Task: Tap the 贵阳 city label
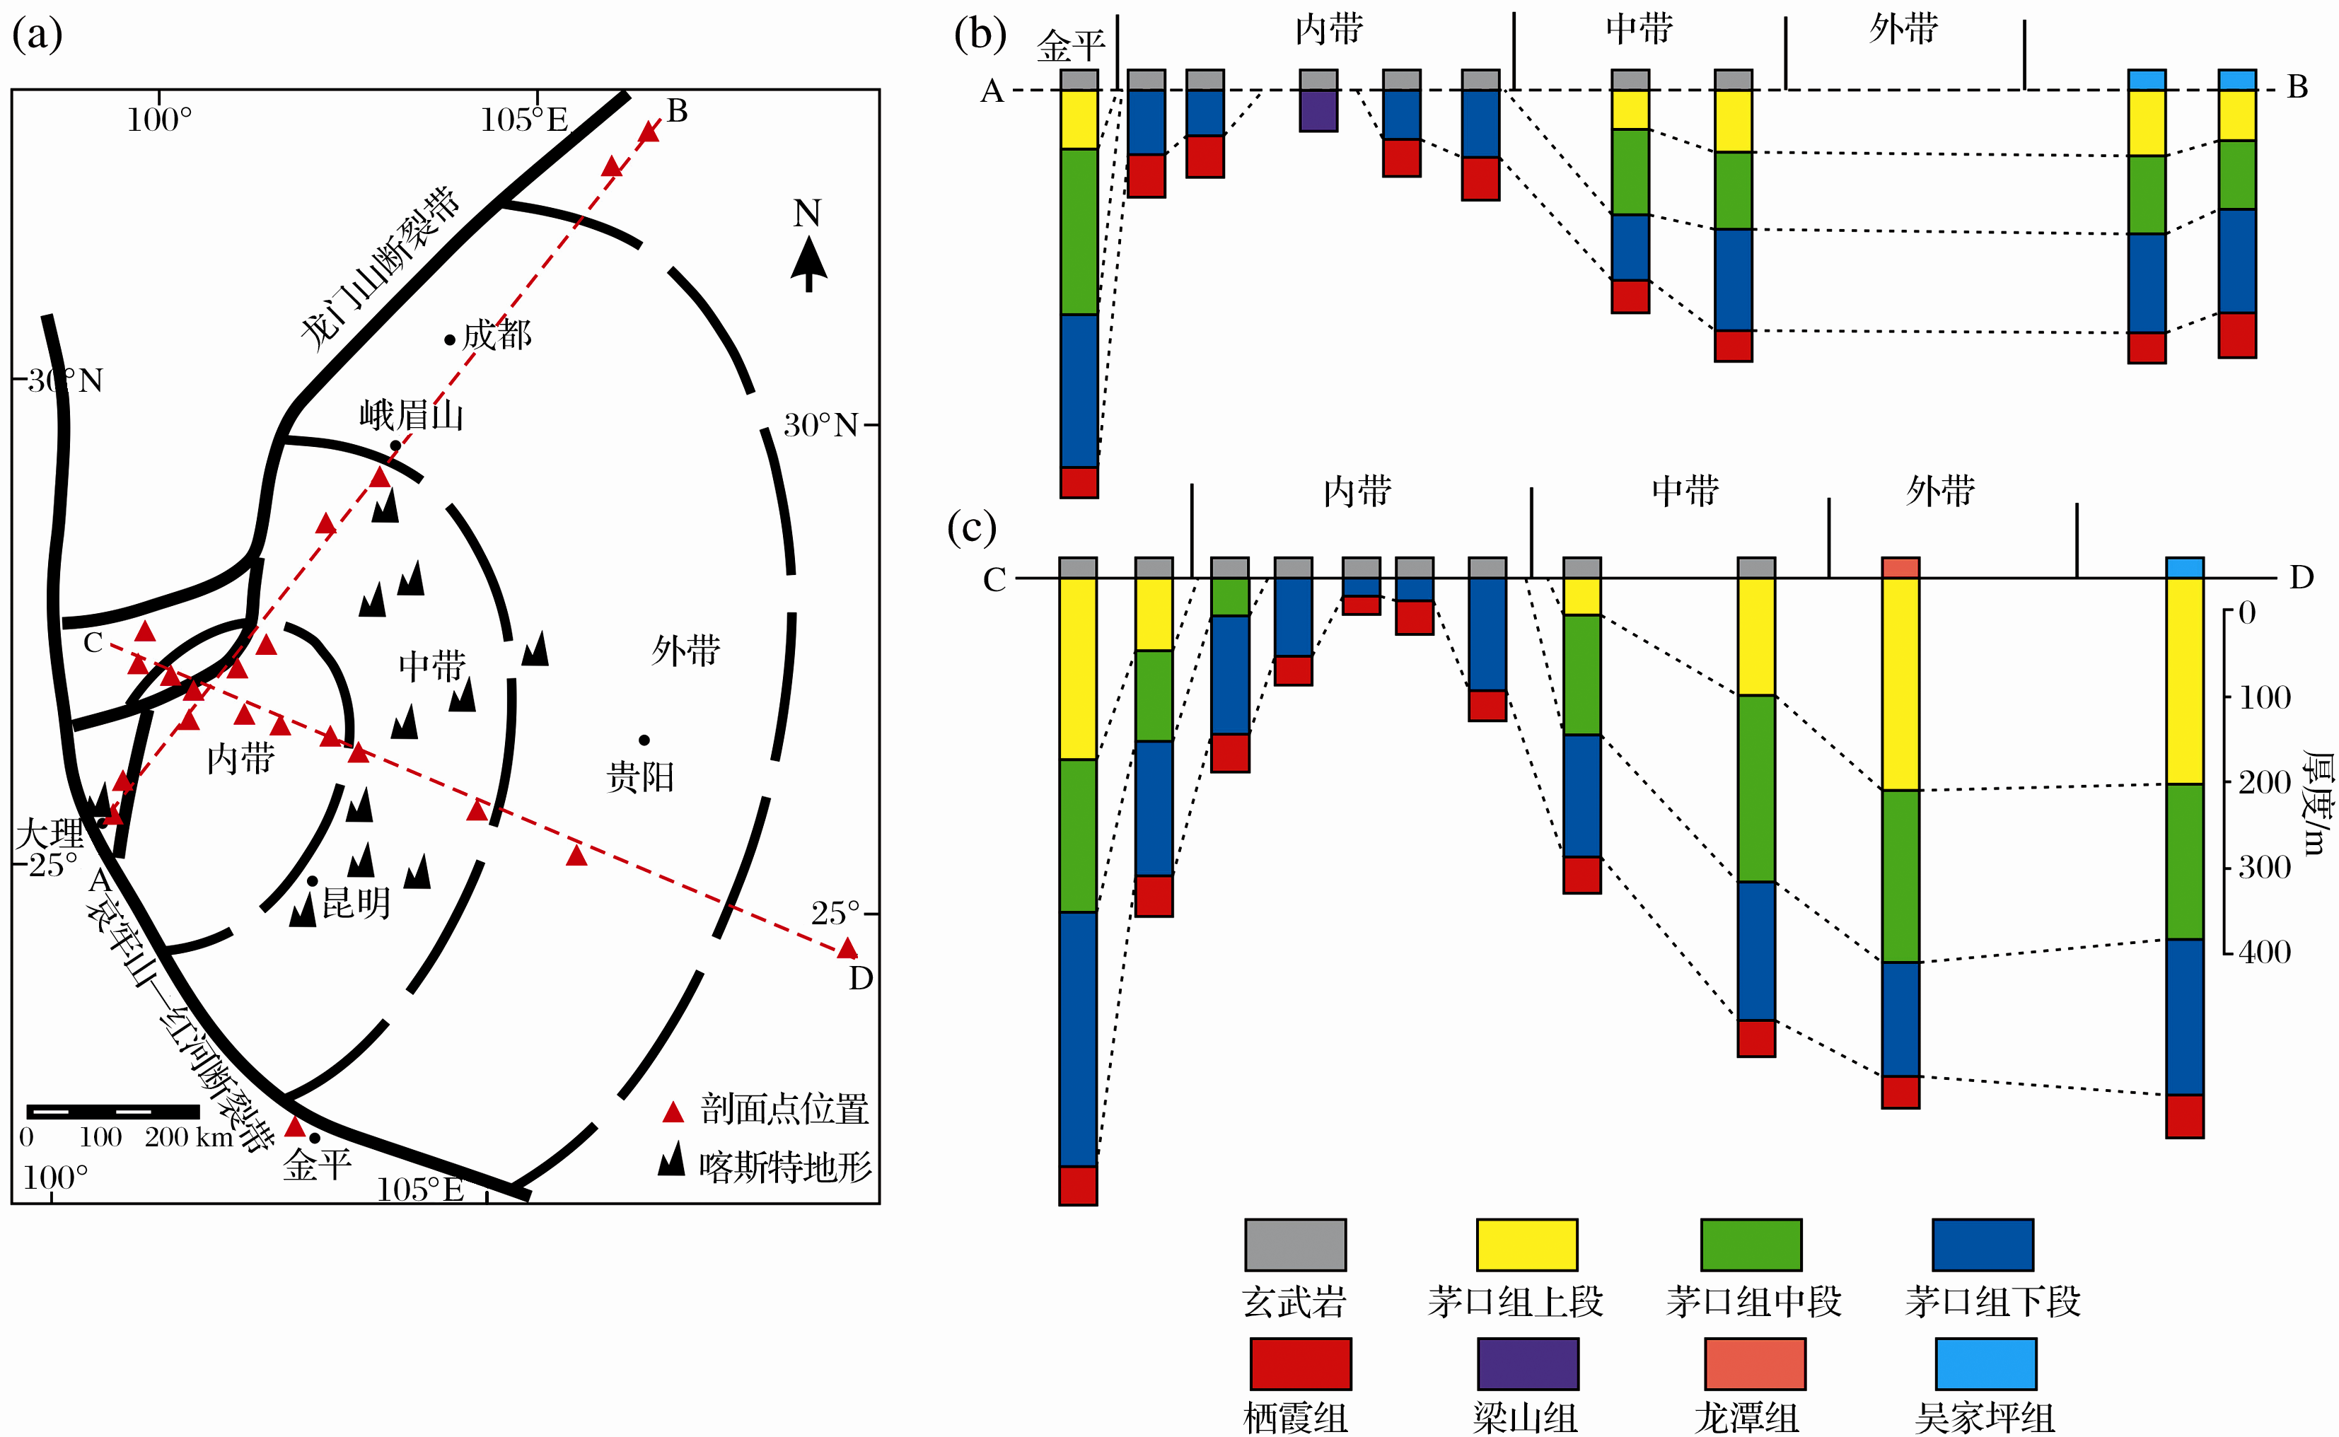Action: tap(641, 777)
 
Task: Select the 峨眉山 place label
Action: tap(412, 415)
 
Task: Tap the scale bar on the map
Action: tap(113, 1111)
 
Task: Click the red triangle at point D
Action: tap(847, 948)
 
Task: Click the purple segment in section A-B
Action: tap(1318, 110)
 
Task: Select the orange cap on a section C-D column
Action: tap(1900, 567)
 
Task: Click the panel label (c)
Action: tap(970, 528)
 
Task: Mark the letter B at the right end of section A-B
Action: tap(2297, 88)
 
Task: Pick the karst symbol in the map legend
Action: tap(672, 1160)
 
